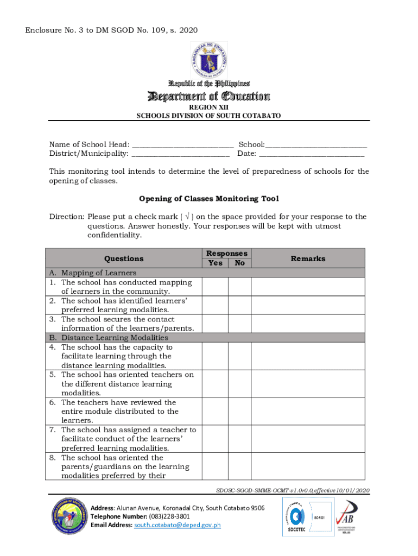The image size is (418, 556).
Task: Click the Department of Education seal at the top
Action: pyautogui.click(x=209, y=58)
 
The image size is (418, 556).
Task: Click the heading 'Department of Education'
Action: pyautogui.click(x=209, y=97)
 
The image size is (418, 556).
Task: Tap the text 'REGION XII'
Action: pyautogui.click(x=209, y=108)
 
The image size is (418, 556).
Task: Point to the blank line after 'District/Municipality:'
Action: pyautogui.click(x=180, y=154)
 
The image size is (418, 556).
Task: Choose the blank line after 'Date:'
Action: pyautogui.click(x=312, y=154)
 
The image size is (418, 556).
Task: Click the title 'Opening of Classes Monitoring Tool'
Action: pyautogui.click(x=209, y=199)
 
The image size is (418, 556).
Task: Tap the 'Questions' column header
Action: pyautogui.click(x=124, y=259)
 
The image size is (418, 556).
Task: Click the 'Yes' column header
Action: pyautogui.click(x=215, y=263)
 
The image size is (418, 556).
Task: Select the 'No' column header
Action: pyautogui.click(x=239, y=263)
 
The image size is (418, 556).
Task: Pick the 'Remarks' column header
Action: pyautogui.click(x=308, y=259)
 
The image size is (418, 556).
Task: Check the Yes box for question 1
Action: pyautogui.click(x=215, y=287)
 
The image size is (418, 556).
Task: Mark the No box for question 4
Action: pyautogui.click(x=239, y=356)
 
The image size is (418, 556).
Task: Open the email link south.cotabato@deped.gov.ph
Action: pyautogui.click(x=178, y=526)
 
